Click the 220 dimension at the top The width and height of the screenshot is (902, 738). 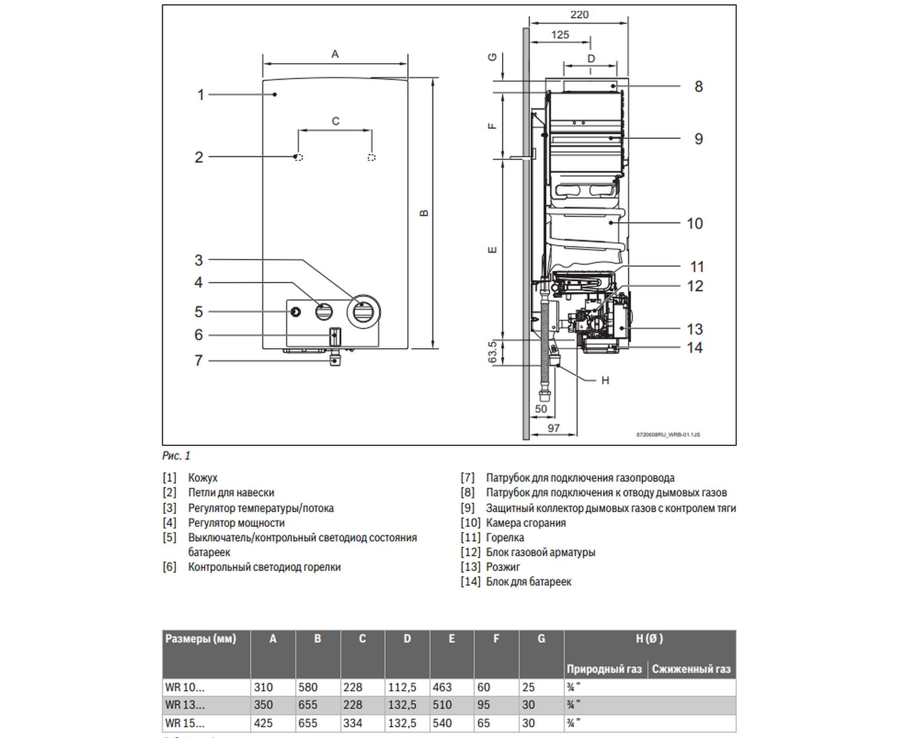pyautogui.click(x=579, y=15)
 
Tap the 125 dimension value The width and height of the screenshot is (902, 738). pyautogui.click(x=560, y=35)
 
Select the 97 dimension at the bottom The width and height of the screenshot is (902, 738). pyautogui.click(x=553, y=428)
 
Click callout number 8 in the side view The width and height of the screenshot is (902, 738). pyautogui.click(x=698, y=87)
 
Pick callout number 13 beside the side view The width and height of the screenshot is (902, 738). pyautogui.click(x=695, y=329)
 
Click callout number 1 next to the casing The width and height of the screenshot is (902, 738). pyautogui.click(x=201, y=94)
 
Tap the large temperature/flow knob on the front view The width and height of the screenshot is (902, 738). pyautogui.click(x=363, y=311)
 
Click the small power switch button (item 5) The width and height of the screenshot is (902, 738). pyautogui.click(x=295, y=311)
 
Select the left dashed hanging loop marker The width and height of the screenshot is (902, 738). pyautogui.click(x=299, y=158)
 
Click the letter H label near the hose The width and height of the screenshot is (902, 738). pyautogui.click(x=605, y=381)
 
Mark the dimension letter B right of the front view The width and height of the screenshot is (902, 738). pyautogui.click(x=424, y=213)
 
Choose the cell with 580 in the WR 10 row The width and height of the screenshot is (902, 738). pyautogui.click(x=308, y=687)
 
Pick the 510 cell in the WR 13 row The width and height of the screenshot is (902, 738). pyautogui.click(x=442, y=705)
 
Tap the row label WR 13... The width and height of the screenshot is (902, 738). pyautogui.click(x=185, y=705)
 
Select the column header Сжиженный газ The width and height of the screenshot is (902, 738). pyautogui.click(x=691, y=669)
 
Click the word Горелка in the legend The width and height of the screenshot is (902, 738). pyautogui.click(x=505, y=537)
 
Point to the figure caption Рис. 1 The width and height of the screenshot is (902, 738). pyautogui.click(x=176, y=455)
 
